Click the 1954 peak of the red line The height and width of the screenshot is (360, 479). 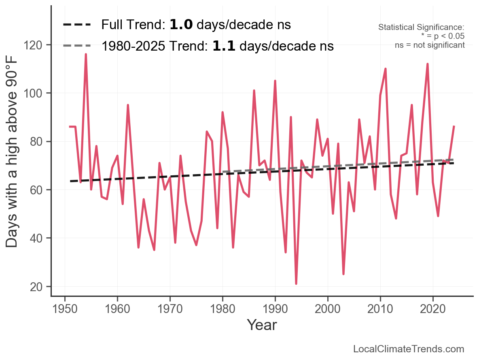click(x=86, y=54)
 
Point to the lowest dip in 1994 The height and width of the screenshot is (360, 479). click(x=296, y=283)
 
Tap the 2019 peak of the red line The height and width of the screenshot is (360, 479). click(x=427, y=64)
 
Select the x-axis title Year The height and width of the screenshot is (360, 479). click(x=262, y=325)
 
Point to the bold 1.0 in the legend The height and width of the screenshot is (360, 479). click(x=181, y=25)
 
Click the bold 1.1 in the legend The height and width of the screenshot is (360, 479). click(x=224, y=46)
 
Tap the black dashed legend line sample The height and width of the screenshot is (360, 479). click(x=77, y=25)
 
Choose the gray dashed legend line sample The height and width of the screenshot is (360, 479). click(x=77, y=46)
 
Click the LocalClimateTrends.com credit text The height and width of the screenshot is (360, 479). click(x=409, y=349)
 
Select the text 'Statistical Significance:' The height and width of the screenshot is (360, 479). click(x=421, y=28)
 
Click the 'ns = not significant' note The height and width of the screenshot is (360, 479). click(x=430, y=45)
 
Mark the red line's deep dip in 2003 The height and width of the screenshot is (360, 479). click(x=343, y=274)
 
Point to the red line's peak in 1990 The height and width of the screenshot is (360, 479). click(x=275, y=81)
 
